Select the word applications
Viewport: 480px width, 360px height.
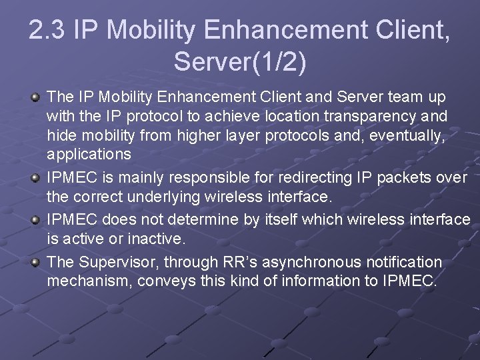pos(89,154)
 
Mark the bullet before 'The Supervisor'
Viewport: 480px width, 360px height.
pos(35,262)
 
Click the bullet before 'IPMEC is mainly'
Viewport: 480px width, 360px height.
pos(35,178)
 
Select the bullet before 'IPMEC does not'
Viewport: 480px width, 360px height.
pos(35,219)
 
